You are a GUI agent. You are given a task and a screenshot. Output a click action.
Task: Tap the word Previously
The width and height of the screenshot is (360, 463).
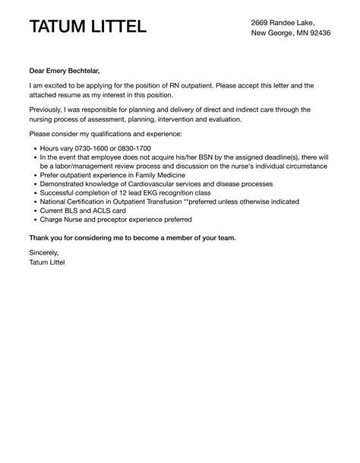(50, 110)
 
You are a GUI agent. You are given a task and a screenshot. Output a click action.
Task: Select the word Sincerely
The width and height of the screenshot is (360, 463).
(43, 252)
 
